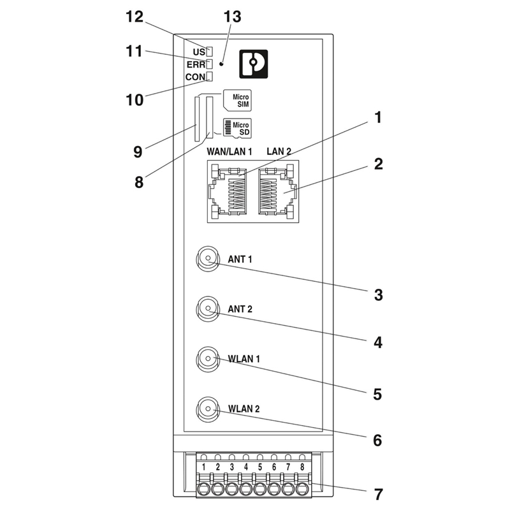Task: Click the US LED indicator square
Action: [208, 51]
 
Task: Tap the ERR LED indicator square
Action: [208, 64]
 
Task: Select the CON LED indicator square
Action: [208, 77]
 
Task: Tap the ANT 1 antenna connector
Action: [208, 259]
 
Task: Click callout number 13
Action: [232, 17]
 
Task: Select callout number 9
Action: [137, 152]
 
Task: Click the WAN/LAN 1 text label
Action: [230, 152]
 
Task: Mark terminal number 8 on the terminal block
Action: [302, 467]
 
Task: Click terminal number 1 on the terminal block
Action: [203, 467]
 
